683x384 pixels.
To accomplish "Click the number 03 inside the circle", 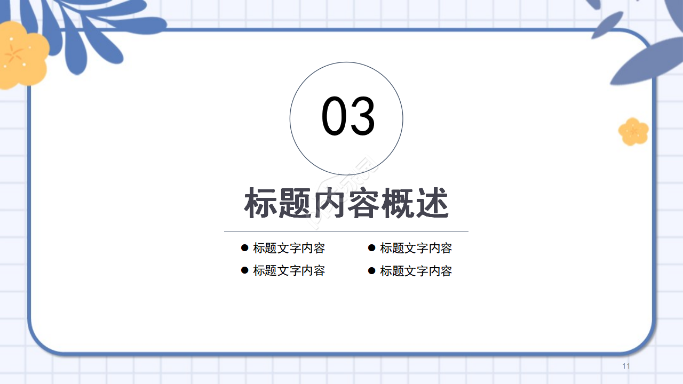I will click(348, 117).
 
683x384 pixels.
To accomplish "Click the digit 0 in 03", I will click(334, 117).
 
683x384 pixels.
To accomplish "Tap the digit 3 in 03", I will click(363, 117).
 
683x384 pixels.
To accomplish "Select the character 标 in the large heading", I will click(261, 203).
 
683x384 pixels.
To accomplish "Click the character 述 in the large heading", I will click(433, 203).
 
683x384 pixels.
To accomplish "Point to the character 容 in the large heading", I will click(364, 203).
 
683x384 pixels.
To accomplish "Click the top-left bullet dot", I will click(245, 247).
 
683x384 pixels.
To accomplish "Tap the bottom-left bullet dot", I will click(245, 270).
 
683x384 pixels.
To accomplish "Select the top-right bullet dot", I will click(372, 247).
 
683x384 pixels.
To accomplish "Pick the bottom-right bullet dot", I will click(372, 270).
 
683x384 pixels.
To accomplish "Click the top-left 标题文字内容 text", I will click(289, 248).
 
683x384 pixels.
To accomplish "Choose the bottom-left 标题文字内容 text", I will click(289, 270).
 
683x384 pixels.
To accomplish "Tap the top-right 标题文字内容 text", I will click(416, 248).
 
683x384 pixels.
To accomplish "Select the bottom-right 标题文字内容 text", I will click(416, 271).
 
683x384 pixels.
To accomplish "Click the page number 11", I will click(626, 366).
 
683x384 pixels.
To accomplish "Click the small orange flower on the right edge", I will click(633, 131).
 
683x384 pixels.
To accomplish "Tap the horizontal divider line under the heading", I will click(346, 231).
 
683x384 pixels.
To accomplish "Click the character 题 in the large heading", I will click(296, 203).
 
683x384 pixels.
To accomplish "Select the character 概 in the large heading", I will click(399, 203).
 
